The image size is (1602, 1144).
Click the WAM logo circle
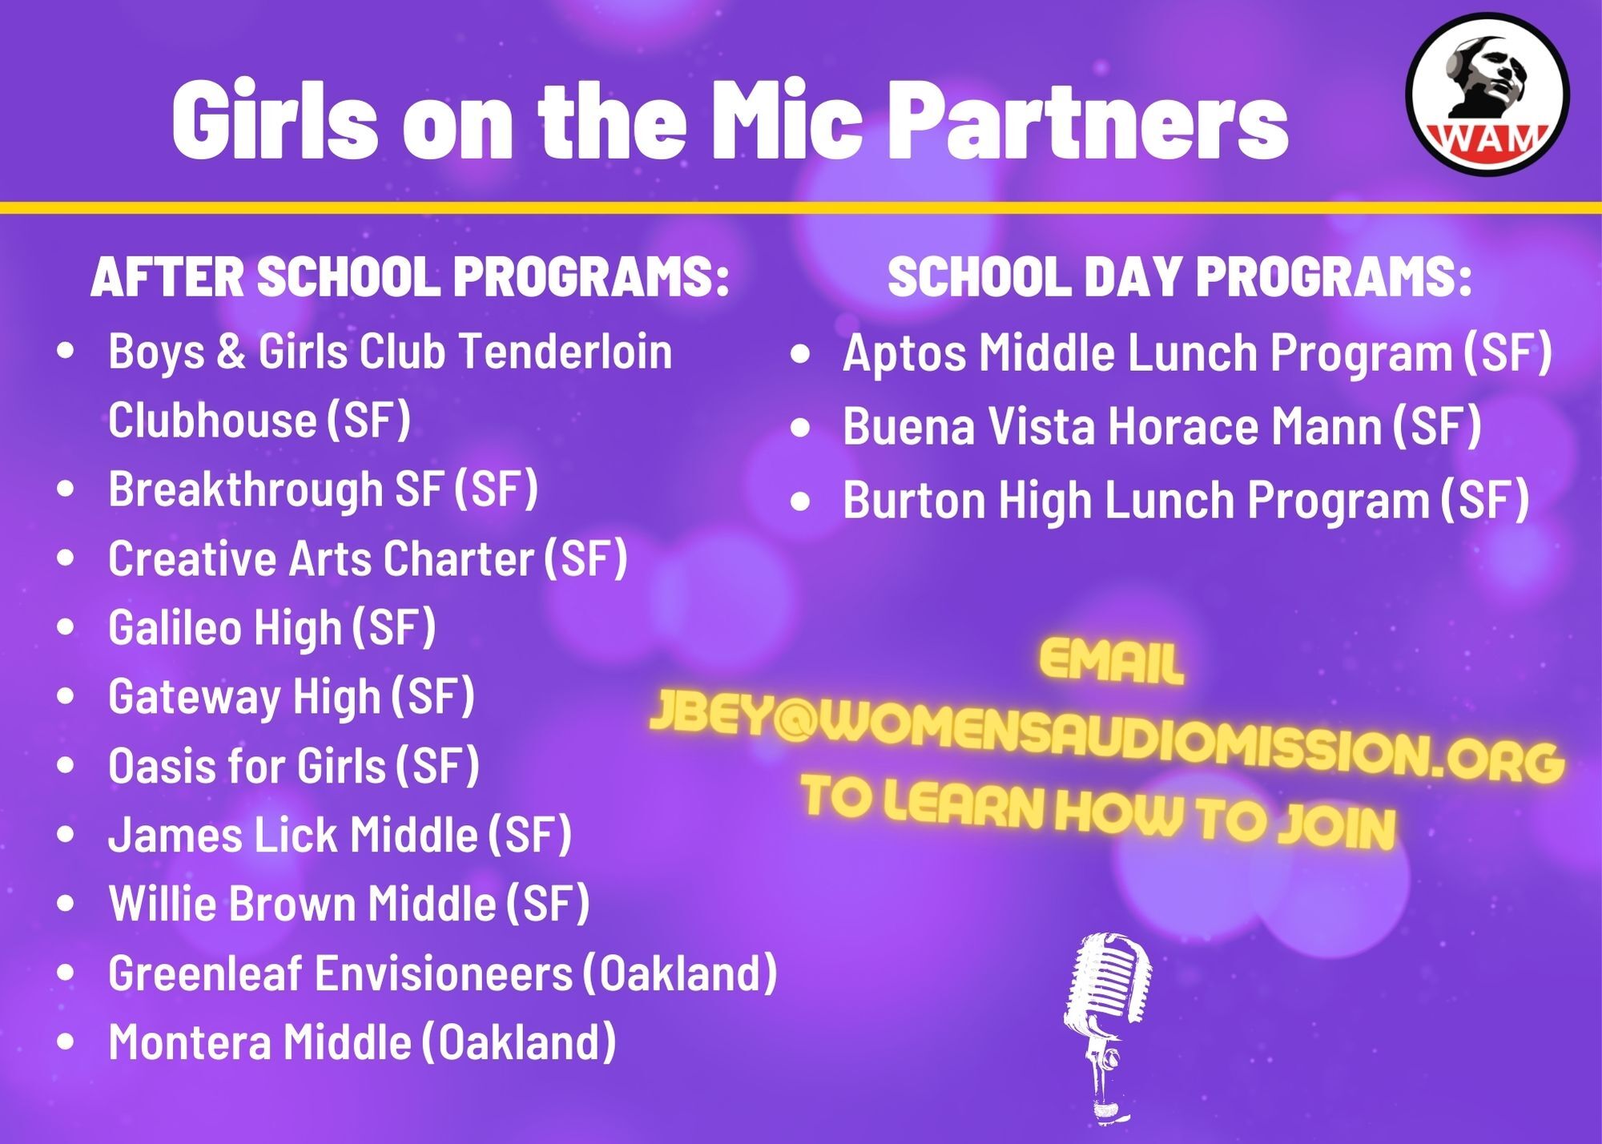[1487, 95]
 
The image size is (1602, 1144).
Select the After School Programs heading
[409, 277]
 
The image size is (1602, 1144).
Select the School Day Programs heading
[1179, 277]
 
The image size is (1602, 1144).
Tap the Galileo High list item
[272, 627]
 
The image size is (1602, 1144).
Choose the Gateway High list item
[292, 696]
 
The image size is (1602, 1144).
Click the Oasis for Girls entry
[293, 765]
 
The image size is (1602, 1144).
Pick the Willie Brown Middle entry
[348, 903]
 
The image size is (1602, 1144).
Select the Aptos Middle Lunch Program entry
[1197, 352]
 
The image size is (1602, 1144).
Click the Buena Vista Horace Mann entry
[1161, 425]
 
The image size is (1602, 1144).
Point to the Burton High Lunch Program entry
[1185, 500]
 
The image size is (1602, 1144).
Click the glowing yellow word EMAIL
[1111, 663]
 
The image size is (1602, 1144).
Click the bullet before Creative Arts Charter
[66, 558]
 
